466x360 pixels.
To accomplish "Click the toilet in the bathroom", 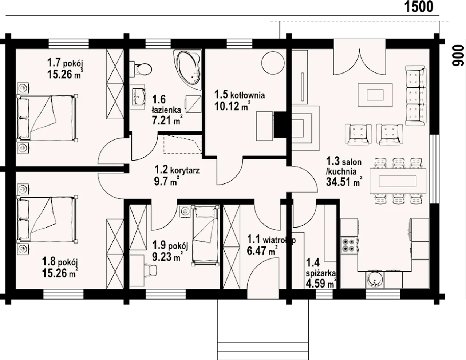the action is tap(142, 68).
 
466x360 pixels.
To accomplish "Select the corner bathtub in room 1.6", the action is tap(188, 69).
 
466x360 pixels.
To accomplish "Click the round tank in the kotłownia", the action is tap(273, 63).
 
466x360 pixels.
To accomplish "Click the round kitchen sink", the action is tap(375, 280).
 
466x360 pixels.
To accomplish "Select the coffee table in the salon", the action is tap(375, 95).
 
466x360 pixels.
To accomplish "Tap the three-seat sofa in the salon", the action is tap(416, 96).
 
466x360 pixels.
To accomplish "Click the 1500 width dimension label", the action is tap(419, 7).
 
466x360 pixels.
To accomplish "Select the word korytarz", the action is tap(185, 170).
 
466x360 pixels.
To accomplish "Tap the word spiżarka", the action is tap(321, 274).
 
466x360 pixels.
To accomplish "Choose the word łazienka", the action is tap(166, 110).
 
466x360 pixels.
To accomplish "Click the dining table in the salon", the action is tap(398, 181).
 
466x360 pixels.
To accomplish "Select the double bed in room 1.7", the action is tap(47, 118).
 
